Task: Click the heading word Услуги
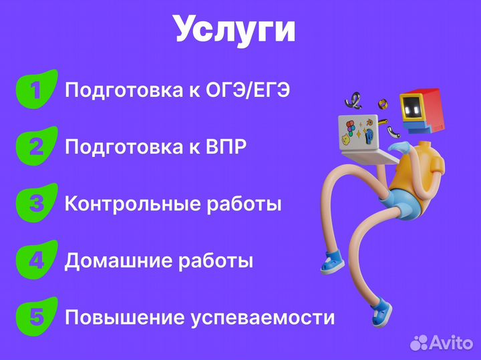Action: point(234,29)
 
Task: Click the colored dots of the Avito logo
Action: point(419,343)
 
